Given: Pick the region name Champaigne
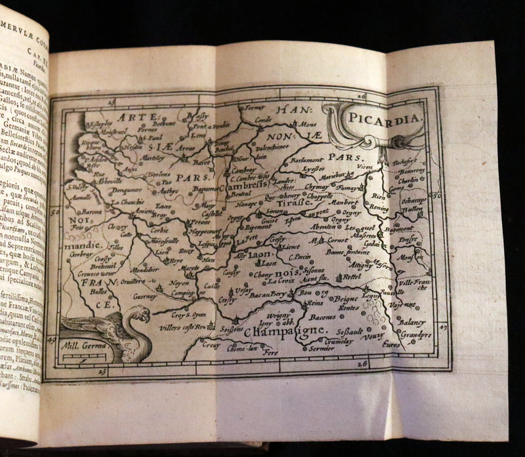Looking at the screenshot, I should click(x=284, y=332).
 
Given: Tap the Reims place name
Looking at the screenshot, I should click(x=316, y=303).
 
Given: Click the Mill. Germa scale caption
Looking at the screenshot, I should click(x=79, y=342).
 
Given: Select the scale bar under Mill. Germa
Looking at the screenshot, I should click(x=81, y=357).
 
